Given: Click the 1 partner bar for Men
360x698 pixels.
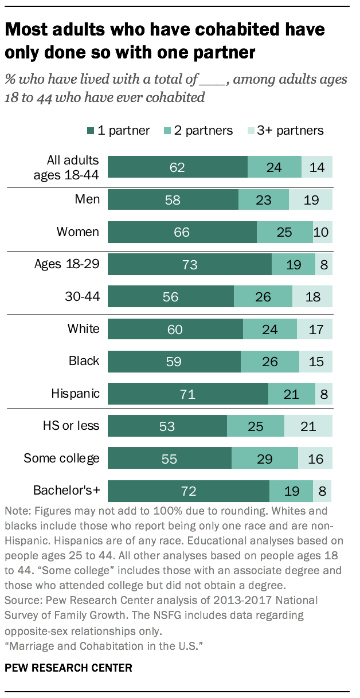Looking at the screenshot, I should click(173, 200).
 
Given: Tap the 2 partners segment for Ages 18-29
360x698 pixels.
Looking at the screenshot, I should click(293, 265).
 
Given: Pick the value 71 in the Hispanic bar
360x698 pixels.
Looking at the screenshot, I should click(187, 394).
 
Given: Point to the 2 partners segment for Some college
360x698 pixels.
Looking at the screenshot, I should click(264, 458).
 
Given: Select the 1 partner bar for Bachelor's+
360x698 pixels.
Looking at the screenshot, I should click(188, 491).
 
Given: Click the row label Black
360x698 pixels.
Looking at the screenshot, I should click(84, 361).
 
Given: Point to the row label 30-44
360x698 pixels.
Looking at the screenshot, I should click(84, 296).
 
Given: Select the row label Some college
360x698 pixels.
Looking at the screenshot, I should click(61, 458).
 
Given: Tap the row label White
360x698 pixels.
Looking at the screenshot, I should click(83, 329).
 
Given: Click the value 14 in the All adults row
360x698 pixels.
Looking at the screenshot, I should click(317, 167).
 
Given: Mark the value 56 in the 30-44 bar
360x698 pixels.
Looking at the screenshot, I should click(171, 297).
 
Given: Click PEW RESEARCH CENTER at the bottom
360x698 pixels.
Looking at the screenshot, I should click(69, 667).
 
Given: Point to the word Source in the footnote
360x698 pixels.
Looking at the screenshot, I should click(22, 616).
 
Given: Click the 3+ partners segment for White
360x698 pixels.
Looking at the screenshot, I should click(315, 329).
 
